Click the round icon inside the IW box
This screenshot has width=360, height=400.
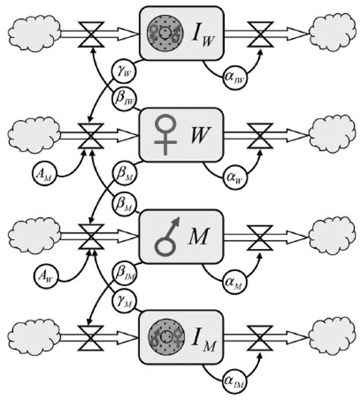163,33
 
